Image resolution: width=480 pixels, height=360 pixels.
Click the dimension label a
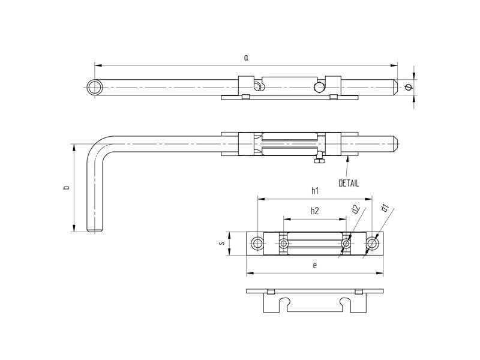click(246, 58)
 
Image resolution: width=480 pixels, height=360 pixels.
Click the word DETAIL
click(349, 183)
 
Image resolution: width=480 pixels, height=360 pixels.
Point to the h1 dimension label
click(314, 191)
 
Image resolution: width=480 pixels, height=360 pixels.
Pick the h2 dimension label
click(314, 211)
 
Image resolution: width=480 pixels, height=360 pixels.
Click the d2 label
click(355, 209)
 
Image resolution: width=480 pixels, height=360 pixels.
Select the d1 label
click(385, 208)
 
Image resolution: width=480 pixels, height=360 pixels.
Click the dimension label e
click(314, 265)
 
